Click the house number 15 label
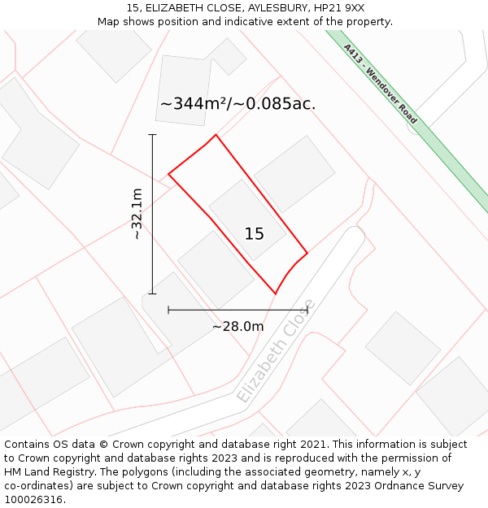[x=254, y=234]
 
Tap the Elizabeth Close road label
[x=276, y=352]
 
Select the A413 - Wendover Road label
[x=380, y=84]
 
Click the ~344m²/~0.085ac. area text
[x=237, y=104]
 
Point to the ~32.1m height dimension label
[x=137, y=214]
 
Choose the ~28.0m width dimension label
[x=237, y=327]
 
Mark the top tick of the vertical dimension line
[x=152, y=135]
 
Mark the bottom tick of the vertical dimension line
[x=152, y=293]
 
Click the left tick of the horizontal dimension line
[x=168, y=310]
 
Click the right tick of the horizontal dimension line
[x=307, y=310]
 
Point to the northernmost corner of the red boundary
[x=216, y=135]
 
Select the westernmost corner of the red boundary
[x=168, y=174]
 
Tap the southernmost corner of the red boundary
[x=275, y=293]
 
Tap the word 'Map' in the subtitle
[x=110, y=21]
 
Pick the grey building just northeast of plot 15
[x=294, y=174]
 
